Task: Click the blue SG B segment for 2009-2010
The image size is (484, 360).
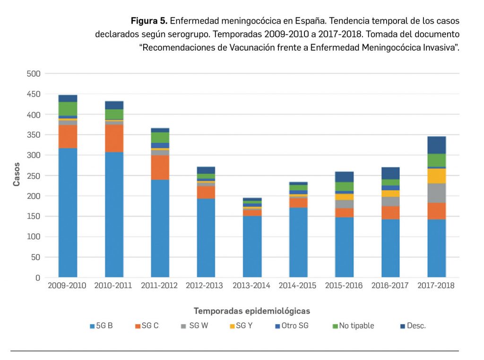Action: (68, 213)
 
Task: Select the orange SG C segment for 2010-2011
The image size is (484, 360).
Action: (114, 138)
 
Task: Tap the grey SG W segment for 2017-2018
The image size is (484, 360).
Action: (436, 193)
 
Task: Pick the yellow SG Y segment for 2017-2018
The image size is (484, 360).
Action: (436, 176)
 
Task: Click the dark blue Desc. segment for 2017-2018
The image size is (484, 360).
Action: (436, 145)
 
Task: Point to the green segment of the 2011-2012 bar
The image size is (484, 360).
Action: (160, 137)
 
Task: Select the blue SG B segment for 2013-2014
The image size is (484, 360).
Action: (252, 246)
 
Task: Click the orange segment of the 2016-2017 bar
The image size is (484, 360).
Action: (390, 212)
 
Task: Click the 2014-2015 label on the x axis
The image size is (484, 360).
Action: (298, 286)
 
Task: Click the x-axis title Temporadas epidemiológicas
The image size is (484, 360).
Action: (252, 311)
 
